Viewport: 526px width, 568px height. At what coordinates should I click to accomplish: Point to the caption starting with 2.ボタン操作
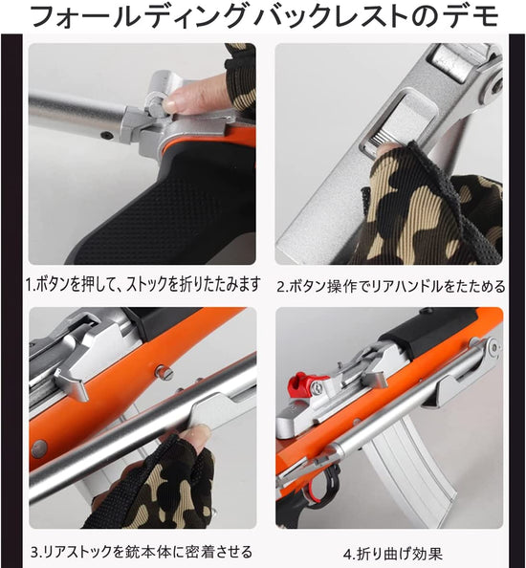[392, 284]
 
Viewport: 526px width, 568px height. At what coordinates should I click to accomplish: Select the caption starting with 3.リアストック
[141, 551]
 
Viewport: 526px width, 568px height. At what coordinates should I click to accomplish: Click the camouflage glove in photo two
[421, 206]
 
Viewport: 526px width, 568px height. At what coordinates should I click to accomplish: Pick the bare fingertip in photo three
[192, 438]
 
